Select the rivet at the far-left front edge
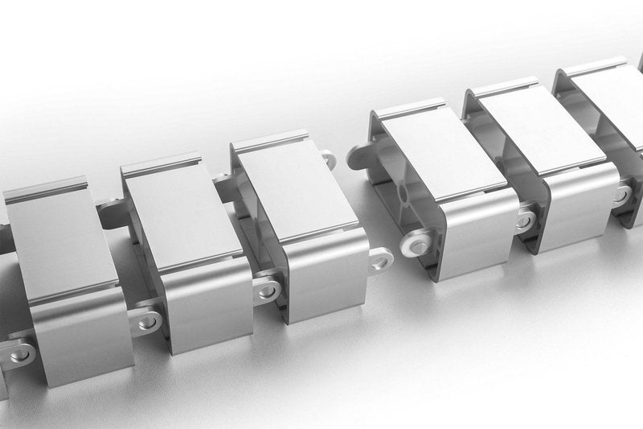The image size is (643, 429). pyautogui.click(x=19, y=353)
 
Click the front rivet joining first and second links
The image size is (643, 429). pyautogui.click(x=146, y=321)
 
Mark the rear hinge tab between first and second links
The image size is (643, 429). pyautogui.click(x=109, y=211)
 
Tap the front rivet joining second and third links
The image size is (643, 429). pyautogui.click(x=266, y=288)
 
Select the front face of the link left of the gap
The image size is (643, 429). pyautogui.click(x=326, y=278)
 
